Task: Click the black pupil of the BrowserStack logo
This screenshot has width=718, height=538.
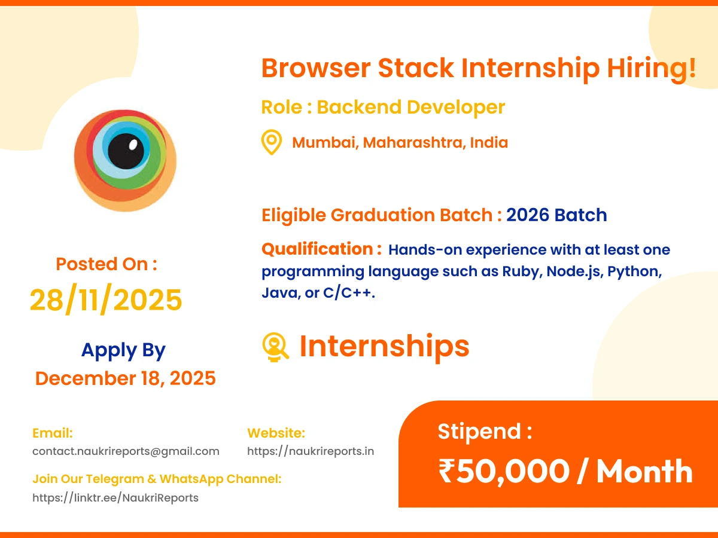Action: point(126,151)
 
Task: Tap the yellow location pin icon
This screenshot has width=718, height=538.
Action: point(272,142)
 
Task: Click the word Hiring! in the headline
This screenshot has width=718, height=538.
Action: point(651,69)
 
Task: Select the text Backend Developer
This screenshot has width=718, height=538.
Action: point(411,107)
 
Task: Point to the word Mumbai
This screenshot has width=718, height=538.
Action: point(324,142)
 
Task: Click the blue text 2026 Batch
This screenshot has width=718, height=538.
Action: point(556,215)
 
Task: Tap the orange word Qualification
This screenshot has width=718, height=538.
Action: point(317,249)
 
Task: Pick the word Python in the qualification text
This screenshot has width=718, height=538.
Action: point(634,271)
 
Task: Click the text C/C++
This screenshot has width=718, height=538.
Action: point(349,292)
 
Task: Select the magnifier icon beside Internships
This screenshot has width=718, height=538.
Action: point(275,347)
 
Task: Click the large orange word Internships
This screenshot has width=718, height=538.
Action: point(384,347)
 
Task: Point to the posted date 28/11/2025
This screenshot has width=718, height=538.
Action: point(106,299)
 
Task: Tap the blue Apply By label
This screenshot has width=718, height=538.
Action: point(123,350)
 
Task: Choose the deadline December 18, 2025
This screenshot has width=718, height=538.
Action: point(125,378)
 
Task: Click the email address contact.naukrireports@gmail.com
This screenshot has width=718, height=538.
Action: point(126,451)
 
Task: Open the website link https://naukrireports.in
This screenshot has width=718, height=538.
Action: point(311,451)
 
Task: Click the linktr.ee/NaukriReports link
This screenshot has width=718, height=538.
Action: point(115,498)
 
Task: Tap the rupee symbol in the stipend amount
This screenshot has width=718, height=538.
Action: point(446,470)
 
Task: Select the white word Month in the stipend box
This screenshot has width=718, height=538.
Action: point(645,472)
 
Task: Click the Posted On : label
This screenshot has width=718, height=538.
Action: point(107,264)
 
